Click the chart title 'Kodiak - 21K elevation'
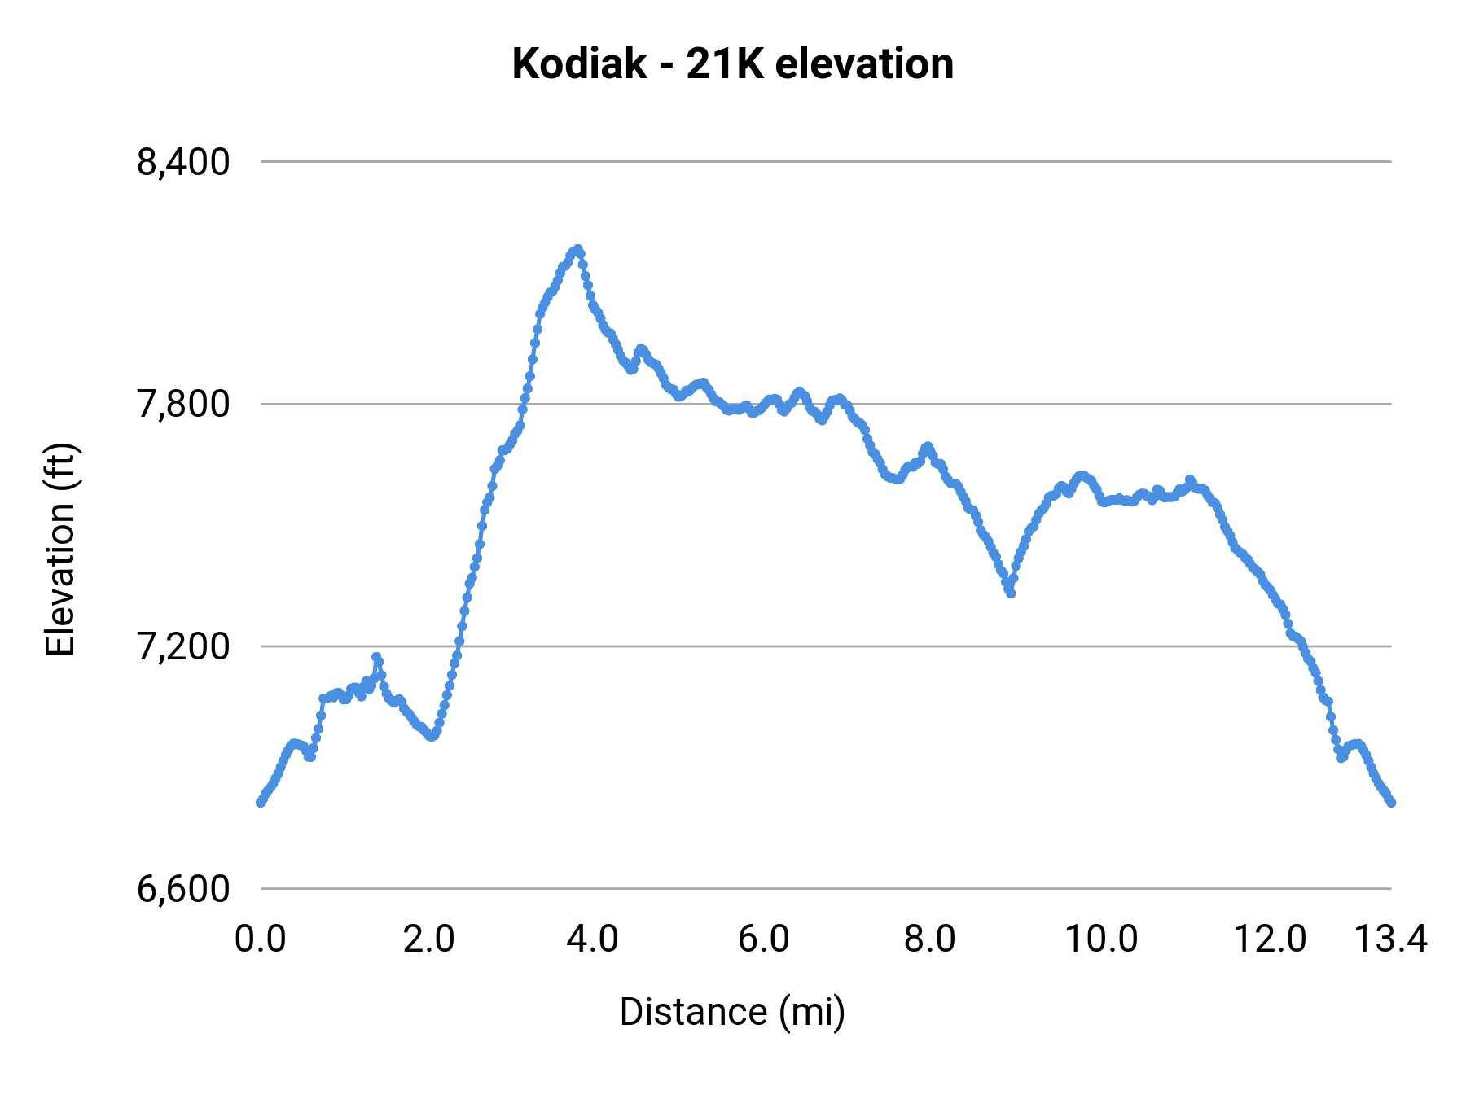(x=732, y=64)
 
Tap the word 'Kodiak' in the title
(x=579, y=64)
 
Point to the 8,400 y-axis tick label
(x=183, y=162)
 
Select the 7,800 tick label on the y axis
(x=183, y=404)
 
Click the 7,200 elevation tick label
(x=183, y=646)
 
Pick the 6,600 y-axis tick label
(x=183, y=888)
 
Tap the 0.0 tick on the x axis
(x=261, y=939)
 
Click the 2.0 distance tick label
(x=429, y=939)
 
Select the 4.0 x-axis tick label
(x=593, y=939)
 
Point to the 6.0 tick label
(x=764, y=939)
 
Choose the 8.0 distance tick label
(x=930, y=939)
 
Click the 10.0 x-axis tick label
(x=1102, y=939)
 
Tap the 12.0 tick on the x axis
(x=1270, y=939)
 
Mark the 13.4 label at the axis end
(x=1390, y=939)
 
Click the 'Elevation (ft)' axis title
(x=60, y=549)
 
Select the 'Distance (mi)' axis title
(x=732, y=1012)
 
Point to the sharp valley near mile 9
(x=1011, y=593)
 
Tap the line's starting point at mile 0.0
(x=261, y=802)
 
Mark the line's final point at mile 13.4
(x=1391, y=802)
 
